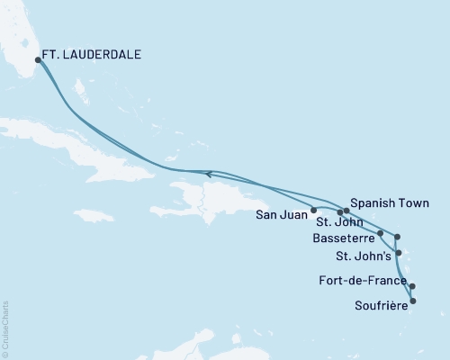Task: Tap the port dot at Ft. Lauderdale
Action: click(x=38, y=60)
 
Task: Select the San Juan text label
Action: click(x=280, y=213)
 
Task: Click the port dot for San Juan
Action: click(x=313, y=211)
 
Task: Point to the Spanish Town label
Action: click(x=389, y=202)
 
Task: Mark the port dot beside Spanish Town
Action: click(x=346, y=211)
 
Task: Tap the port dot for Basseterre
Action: click(x=381, y=233)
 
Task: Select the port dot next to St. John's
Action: click(x=398, y=253)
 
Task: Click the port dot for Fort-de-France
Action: click(x=411, y=287)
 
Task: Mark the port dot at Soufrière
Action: click(x=412, y=301)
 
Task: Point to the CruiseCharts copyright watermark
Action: click(x=5, y=329)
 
